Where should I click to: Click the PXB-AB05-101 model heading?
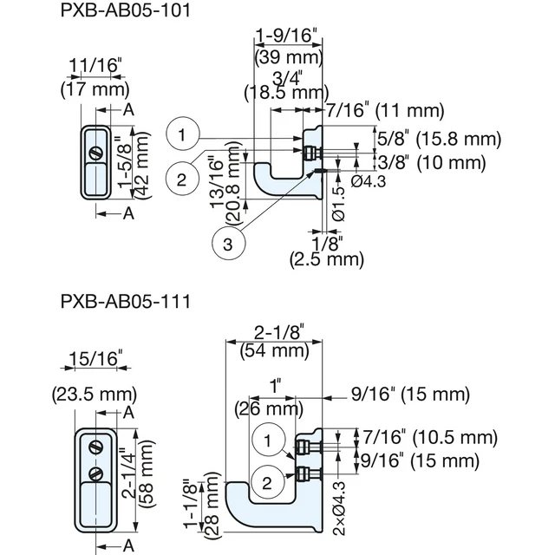[126, 10]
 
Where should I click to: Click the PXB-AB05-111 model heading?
[126, 302]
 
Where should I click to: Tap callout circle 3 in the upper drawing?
[228, 244]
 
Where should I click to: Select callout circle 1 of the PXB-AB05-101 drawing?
[182, 134]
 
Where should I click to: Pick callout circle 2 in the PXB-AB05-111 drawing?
[267, 482]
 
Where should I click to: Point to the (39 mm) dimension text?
[289, 56]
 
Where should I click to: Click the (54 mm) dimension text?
[275, 350]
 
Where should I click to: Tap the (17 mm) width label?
[95, 89]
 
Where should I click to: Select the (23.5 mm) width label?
[95, 395]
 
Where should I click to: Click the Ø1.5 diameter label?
[339, 203]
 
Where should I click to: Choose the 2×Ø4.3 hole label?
[339, 507]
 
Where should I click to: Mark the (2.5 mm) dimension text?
[327, 259]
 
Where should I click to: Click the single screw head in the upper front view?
[96, 153]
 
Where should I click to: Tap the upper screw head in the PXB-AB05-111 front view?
[96, 447]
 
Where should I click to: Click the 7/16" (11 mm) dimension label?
[385, 110]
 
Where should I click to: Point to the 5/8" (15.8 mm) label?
[439, 139]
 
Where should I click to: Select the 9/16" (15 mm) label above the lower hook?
[410, 394]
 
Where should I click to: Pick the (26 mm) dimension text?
[269, 409]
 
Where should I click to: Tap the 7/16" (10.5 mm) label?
[430, 437]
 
